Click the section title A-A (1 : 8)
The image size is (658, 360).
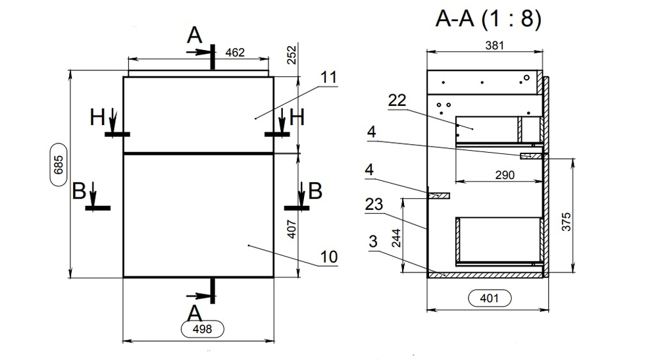pyautogui.click(x=488, y=19)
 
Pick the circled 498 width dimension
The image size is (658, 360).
pyautogui.click(x=201, y=329)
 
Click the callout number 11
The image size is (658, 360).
pyautogui.click(x=328, y=77)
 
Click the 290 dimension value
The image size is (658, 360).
pyautogui.click(x=504, y=175)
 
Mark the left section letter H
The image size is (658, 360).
pyautogui.click(x=97, y=118)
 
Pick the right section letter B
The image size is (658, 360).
pyautogui.click(x=315, y=192)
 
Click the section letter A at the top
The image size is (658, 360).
pyautogui.click(x=195, y=36)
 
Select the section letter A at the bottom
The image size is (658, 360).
pyautogui.click(x=195, y=311)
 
